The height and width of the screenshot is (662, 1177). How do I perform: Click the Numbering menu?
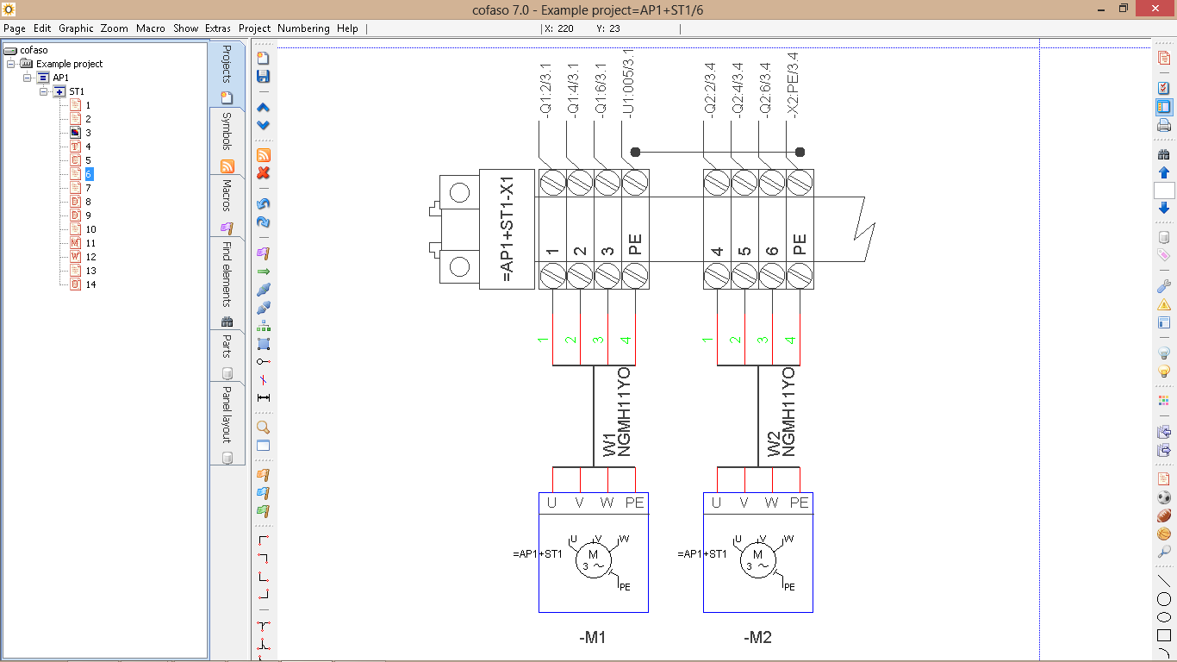click(303, 28)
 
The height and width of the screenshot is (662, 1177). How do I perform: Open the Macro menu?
click(150, 28)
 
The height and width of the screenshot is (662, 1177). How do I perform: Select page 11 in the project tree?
click(90, 243)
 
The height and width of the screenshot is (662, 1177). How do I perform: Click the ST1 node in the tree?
click(77, 91)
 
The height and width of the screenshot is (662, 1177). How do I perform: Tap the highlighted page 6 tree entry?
click(88, 174)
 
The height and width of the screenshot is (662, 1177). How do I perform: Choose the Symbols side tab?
click(227, 132)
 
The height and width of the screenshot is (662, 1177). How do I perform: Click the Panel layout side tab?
click(227, 415)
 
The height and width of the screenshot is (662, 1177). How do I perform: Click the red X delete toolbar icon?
click(264, 173)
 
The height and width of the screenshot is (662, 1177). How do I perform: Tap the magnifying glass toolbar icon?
click(264, 428)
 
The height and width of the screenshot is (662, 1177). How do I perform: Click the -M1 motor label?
click(592, 637)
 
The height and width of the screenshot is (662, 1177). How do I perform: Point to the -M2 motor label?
click(757, 637)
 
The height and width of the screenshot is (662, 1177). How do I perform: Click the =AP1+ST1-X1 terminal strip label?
click(507, 229)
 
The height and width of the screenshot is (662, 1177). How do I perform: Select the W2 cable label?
click(774, 445)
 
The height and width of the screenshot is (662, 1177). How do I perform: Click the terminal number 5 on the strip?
click(744, 251)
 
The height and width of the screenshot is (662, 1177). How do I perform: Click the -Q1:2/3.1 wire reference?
click(545, 91)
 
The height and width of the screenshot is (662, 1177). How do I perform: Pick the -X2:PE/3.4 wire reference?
click(793, 85)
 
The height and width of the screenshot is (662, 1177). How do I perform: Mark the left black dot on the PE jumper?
click(635, 153)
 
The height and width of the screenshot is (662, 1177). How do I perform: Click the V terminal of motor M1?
click(579, 503)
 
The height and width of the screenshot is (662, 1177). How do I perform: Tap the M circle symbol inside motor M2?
click(757, 560)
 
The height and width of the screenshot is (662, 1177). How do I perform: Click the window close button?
click(1155, 9)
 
